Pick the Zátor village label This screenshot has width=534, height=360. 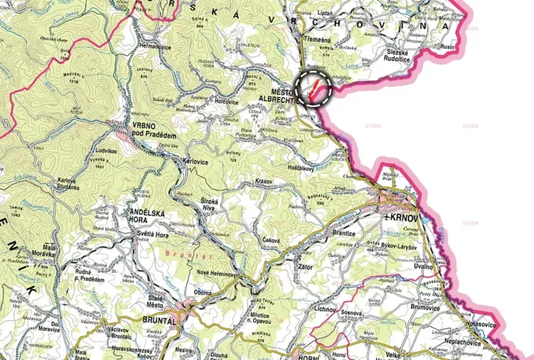(306, 266)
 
